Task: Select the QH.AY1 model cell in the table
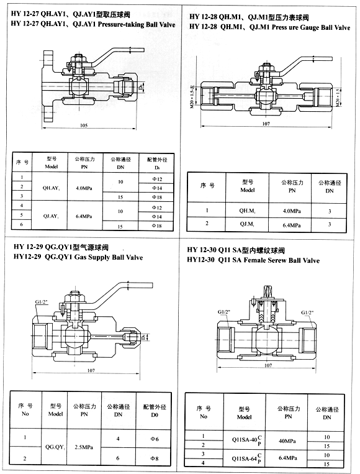point(51,187)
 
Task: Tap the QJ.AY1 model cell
point(51,216)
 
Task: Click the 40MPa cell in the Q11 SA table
point(286,441)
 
